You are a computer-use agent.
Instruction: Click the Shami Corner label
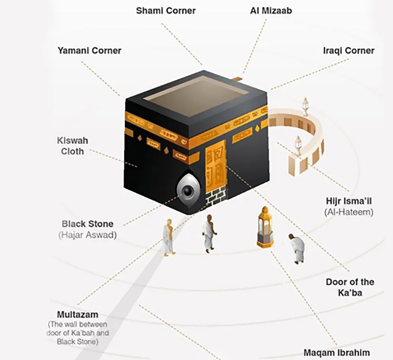pyautogui.click(x=166, y=10)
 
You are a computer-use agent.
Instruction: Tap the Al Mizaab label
pyautogui.click(x=271, y=10)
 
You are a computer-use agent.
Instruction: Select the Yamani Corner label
pyautogui.click(x=90, y=50)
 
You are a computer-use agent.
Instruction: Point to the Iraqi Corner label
pyautogui.click(x=349, y=51)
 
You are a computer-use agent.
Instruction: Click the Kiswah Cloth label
pyautogui.click(x=73, y=146)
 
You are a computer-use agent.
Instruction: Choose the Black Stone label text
pyautogui.click(x=88, y=223)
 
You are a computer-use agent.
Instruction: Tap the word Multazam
pyautogui.click(x=78, y=314)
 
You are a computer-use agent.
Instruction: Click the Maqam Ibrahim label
pyautogui.click(x=337, y=352)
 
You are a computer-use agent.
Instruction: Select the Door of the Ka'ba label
pyautogui.click(x=350, y=287)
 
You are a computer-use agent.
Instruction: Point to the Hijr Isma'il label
pyautogui.click(x=349, y=201)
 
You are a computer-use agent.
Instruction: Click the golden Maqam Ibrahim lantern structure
pyautogui.click(x=265, y=227)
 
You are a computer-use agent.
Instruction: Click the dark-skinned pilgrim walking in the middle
pyautogui.click(x=209, y=233)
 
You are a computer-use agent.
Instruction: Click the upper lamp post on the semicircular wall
pyautogui.click(x=305, y=107)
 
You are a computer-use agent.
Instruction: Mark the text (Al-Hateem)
pyautogui.click(x=349, y=212)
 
